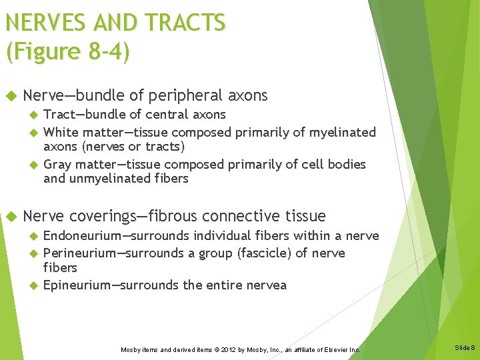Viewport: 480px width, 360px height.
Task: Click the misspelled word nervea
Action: point(265,285)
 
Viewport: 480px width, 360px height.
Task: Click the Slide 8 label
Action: point(464,348)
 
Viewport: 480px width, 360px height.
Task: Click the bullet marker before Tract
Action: point(33,115)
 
